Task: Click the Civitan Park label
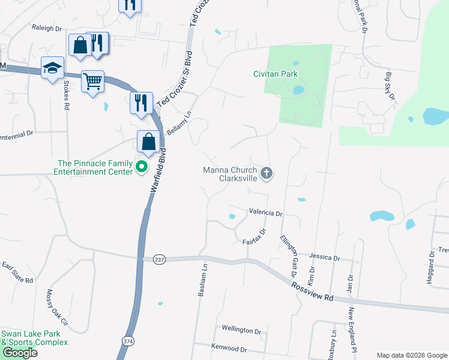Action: click(x=275, y=74)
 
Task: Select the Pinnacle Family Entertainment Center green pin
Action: click(x=142, y=167)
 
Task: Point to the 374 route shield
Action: click(x=127, y=341)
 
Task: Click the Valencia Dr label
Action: click(x=265, y=213)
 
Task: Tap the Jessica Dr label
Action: click(x=326, y=257)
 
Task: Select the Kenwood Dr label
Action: click(x=229, y=348)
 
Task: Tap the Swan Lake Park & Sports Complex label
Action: click(x=34, y=338)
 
